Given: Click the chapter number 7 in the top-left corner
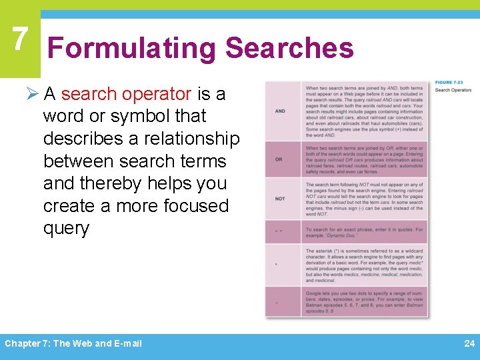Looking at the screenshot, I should click(19, 39).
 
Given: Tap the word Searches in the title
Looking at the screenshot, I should click(289, 49).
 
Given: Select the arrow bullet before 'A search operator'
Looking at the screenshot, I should click(34, 94).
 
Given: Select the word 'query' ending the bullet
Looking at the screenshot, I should click(66, 228).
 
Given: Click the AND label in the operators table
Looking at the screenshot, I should click(280, 111).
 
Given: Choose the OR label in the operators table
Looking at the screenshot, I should click(279, 159).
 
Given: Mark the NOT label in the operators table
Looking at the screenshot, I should click(280, 199).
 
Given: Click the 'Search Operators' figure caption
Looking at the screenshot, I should click(453, 90).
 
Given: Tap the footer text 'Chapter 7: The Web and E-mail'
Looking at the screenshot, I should click(73, 344).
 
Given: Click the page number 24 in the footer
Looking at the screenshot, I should click(469, 344).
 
